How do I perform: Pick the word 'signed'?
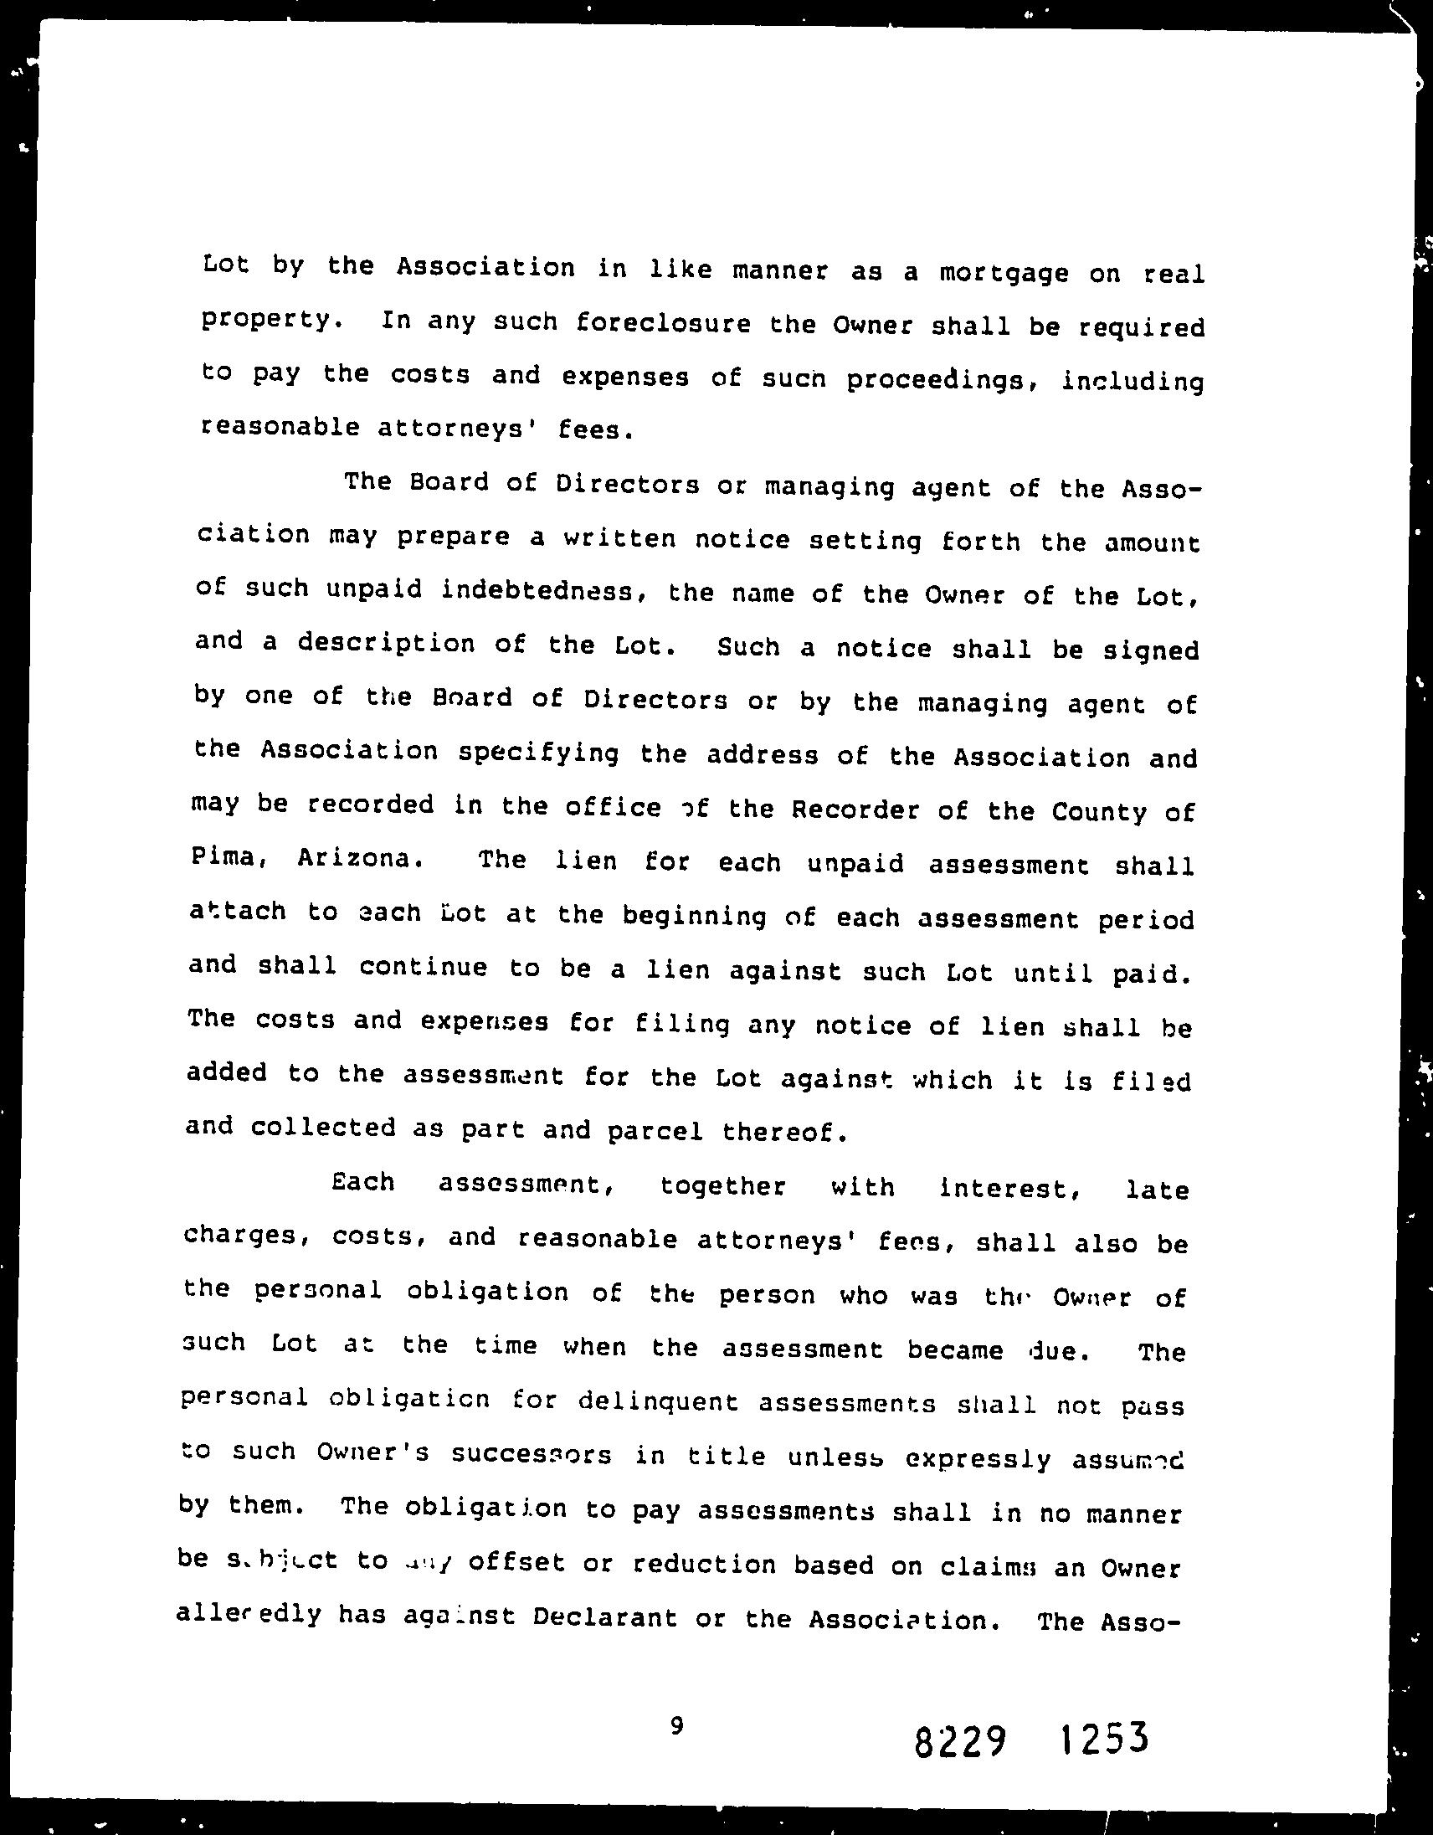(1151, 652)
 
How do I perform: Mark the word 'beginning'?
(694, 916)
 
